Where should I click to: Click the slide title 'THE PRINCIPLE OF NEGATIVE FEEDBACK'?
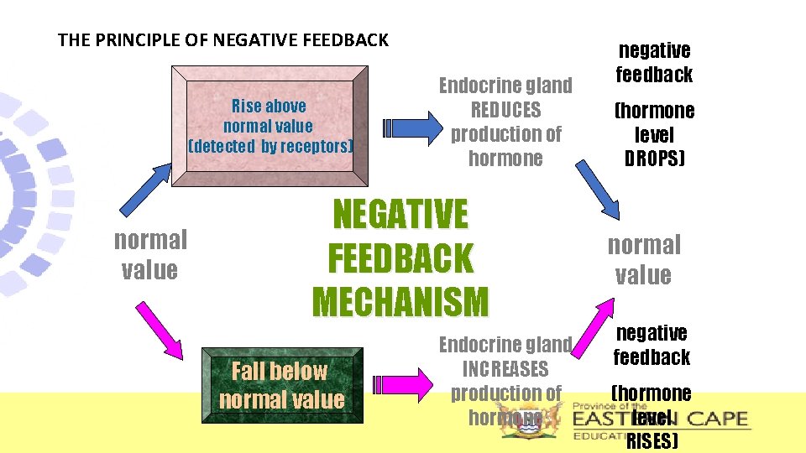[x=223, y=39]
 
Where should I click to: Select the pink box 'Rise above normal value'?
[x=269, y=125]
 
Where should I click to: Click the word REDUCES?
[x=506, y=110]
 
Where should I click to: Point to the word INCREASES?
[x=505, y=369]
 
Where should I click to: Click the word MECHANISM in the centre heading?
[x=400, y=302]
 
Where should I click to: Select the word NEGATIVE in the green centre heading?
[x=401, y=215]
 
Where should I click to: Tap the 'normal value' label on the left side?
[x=150, y=255]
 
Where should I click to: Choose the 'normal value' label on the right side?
[x=644, y=260]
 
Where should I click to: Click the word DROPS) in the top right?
[x=654, y=159]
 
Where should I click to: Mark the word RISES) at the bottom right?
[x=652, y=441]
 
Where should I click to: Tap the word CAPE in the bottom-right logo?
[x=713, y=418]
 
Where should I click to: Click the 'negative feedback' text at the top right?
[x=654, y=63]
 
